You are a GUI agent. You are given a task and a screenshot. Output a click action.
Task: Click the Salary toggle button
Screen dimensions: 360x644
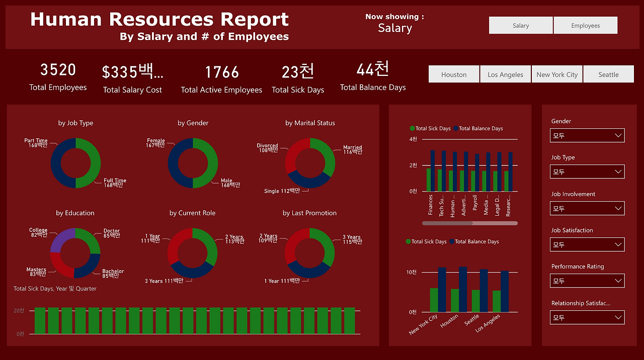pos(521,26)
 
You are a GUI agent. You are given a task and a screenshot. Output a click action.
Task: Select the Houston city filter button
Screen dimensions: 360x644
pos(454,74)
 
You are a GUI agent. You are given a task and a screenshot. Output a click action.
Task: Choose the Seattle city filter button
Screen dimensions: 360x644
pos(608,74)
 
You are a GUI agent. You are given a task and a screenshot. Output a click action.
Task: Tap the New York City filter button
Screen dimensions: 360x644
pos(556,74)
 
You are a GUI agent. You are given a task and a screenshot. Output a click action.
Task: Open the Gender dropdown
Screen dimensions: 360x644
pos(587,136)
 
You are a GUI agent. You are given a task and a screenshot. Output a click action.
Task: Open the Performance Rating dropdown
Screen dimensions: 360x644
pos(587,281)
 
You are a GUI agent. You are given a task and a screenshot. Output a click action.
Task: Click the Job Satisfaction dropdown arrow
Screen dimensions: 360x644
pos(618,245)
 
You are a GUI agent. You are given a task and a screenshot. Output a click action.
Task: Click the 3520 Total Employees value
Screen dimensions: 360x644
pos(58,70)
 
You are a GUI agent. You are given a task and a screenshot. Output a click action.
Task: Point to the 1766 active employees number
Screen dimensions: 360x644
pos(221,72)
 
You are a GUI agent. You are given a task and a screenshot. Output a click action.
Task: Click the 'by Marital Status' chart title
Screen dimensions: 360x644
pos(310,123)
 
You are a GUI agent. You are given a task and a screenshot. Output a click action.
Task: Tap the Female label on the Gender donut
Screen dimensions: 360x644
pos(155,141)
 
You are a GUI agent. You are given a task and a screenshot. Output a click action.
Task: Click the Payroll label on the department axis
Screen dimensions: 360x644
pos(475,203)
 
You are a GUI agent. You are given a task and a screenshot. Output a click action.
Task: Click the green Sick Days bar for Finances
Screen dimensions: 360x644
pos(429,180)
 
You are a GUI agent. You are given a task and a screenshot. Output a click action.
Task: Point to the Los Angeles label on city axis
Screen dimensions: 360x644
pos(488,324)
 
